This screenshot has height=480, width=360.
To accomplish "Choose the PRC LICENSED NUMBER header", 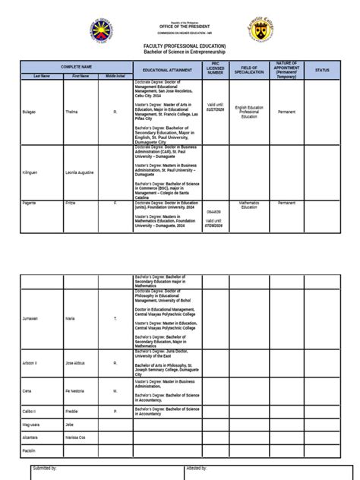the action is (x=216, y=69).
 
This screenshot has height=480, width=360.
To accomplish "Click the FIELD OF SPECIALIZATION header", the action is (x=249, y=69).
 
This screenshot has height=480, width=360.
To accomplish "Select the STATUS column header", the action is (x=322, y=69).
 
